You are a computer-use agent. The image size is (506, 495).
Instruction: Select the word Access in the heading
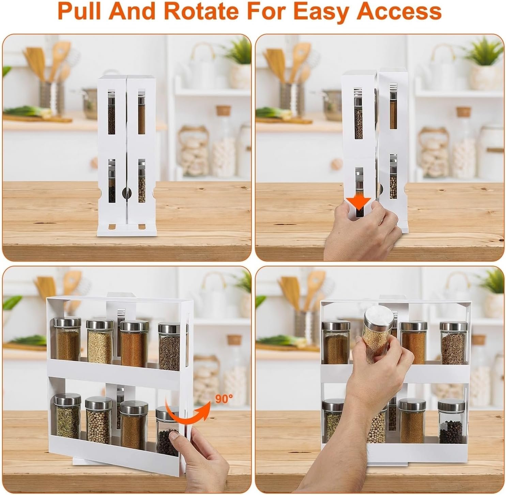399,12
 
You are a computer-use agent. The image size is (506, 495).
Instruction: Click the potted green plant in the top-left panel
239,62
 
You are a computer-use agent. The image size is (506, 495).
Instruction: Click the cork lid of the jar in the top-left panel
224,110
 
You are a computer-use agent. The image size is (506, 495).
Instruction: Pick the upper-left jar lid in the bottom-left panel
67,322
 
